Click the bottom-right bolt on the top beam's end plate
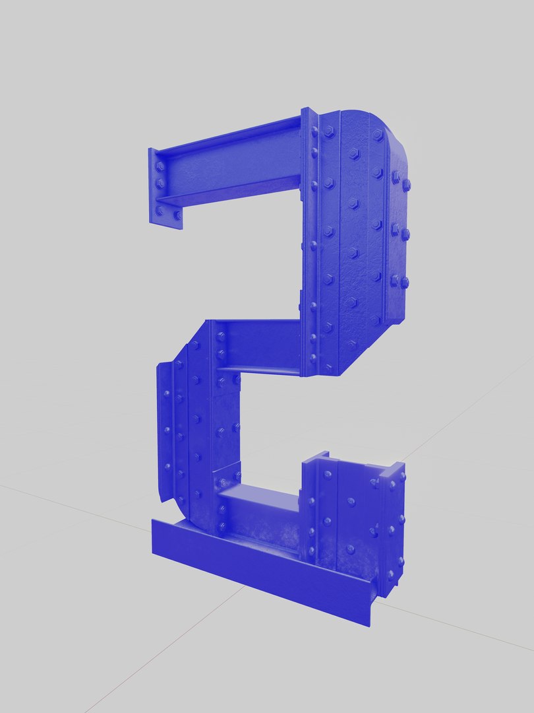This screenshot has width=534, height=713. click(177, 215)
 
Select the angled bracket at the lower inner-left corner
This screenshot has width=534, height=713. click(227, 475)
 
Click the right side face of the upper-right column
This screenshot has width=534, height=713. click(400, 231)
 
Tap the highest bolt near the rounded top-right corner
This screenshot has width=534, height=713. click(378, 135)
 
